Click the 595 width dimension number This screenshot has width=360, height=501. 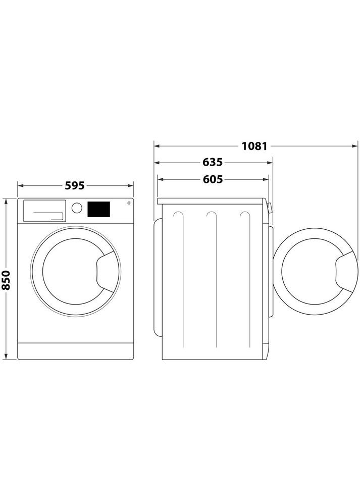click(x=75, y=186)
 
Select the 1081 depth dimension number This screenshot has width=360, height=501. click(x=254, y=146)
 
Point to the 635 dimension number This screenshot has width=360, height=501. click(x=213, y=163)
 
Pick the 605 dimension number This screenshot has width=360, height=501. click(x=213, y=179)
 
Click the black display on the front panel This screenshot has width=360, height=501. click(x=99, y=209)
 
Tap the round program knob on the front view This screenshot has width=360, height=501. click(x=77, y=208)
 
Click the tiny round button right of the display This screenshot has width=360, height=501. click(x=128, y=203)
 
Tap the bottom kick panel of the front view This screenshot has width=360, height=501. click(x=75, y=351)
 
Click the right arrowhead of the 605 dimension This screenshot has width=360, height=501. click(x=266, y=179)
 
